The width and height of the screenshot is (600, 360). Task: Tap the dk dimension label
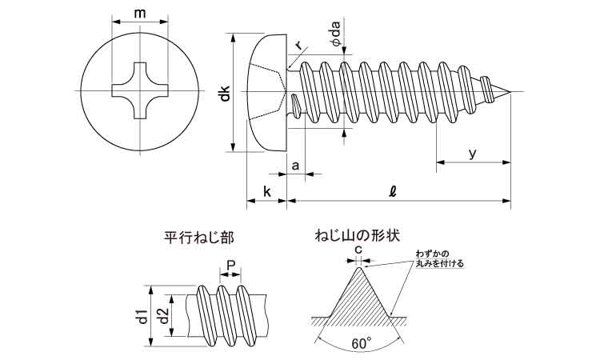pos(226,93)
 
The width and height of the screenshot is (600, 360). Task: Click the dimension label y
pos(472,154)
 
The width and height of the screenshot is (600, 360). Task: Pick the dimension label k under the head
pos(266,191)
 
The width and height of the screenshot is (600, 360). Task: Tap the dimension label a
pos(295,166)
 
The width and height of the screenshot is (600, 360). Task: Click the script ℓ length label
pos(391,191)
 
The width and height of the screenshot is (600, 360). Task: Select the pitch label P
pos(230,266)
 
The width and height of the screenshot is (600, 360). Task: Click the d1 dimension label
pos(142,316)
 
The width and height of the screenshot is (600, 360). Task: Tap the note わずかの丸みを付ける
pos(439,258)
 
